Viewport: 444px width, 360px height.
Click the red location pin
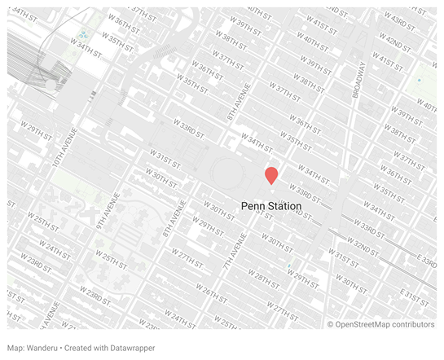pos(271,175)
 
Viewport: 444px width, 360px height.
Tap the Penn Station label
pos(271,207)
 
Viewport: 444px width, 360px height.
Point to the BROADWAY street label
pos(359,82)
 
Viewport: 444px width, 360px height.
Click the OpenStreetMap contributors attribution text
pos(386,324)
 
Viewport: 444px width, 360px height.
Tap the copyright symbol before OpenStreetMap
pos(332,324)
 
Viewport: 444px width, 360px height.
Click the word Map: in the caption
pos(17,348)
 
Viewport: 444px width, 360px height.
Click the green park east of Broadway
pos(422,82)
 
